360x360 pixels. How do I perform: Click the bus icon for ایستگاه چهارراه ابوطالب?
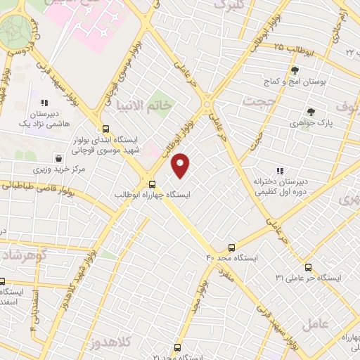tap(153, 184)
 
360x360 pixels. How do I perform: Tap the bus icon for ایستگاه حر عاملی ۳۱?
tap(308, 267)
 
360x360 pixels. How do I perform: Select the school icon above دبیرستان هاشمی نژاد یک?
tap(44, 102)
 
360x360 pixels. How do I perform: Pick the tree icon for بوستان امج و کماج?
tap(295, 70)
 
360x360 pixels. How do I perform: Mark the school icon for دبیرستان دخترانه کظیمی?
tap(280, 170)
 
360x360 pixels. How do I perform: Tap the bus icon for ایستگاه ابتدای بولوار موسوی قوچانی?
tap(105, 129)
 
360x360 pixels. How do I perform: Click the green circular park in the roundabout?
tap(15, 31)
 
